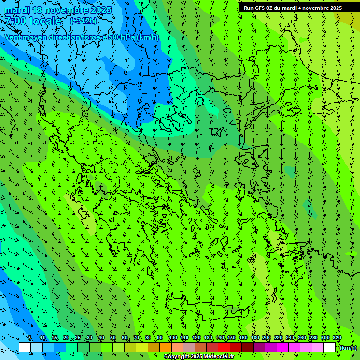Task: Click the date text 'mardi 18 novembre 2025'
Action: [58, 10]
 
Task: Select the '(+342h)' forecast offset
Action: [83, 21]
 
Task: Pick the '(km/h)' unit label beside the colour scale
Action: [348, 348]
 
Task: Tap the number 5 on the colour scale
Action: [30, 337]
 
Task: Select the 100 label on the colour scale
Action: [172, 337]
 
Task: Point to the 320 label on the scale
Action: [337, 337]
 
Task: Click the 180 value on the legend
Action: [255, 337]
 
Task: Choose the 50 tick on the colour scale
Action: [113, 337]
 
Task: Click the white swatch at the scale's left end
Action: [25, 347]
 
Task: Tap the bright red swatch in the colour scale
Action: [224, 347]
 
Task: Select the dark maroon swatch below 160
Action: [247, 347]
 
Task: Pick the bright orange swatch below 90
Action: [165, 347]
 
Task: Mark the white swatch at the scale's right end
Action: [330, 347]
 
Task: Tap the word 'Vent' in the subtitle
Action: [15, 37]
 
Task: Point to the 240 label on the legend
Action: [290, 337]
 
